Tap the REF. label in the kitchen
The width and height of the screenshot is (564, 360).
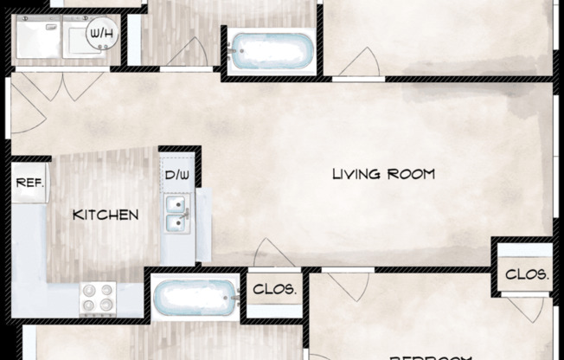coord(29,183)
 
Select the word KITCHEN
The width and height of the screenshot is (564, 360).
coord(106,214)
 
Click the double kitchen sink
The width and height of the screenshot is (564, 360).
coord(177,215)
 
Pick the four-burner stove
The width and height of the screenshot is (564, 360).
coord(99,298)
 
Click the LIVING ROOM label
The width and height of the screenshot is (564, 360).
coord(383,174)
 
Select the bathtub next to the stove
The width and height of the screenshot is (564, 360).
coord(195,297)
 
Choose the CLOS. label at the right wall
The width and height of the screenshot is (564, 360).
coord(527,274)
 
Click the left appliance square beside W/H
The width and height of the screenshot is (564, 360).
coord(39,40)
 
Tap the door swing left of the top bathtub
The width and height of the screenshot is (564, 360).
coord(186,54)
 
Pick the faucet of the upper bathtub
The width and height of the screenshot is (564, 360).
coord(233,51)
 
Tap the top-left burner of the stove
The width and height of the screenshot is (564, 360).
coord(89,290)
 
